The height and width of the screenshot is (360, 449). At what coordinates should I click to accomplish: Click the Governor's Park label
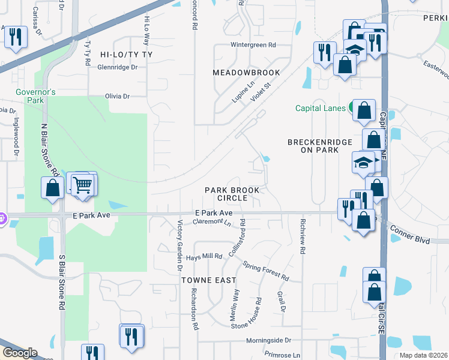36,96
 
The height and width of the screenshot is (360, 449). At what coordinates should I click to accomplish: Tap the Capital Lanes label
320,109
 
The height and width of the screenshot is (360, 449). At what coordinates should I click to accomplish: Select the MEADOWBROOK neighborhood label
246,73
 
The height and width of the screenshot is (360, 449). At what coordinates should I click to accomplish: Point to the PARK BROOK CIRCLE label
232,194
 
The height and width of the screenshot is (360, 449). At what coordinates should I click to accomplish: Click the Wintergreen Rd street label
253,45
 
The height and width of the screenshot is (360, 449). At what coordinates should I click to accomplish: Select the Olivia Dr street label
117,96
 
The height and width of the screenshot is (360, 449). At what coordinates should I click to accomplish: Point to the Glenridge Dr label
117,67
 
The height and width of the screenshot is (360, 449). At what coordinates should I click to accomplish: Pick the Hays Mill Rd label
204,256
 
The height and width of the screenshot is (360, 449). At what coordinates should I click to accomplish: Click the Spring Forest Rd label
266,271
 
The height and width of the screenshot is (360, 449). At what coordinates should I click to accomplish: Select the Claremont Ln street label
211,222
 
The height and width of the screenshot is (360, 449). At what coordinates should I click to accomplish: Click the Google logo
19,352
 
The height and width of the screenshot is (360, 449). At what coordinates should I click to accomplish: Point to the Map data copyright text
423,355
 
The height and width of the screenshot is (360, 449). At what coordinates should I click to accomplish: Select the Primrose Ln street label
276,355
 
